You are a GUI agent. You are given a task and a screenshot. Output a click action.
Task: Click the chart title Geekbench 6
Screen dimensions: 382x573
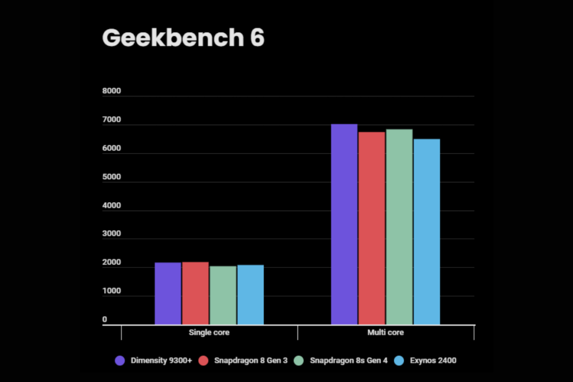183,37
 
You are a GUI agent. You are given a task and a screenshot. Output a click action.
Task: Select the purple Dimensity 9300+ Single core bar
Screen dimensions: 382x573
168,293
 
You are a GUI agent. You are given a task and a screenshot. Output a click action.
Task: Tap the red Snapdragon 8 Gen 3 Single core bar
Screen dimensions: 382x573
195,293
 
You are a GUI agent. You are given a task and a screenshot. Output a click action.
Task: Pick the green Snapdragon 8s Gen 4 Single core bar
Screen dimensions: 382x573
223,295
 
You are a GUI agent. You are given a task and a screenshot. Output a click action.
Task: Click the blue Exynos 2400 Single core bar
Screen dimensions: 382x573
250,294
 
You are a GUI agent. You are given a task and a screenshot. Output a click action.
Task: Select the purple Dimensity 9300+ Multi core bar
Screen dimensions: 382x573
344,224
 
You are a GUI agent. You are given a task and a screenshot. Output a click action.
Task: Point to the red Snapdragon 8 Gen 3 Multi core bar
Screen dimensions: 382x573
372,228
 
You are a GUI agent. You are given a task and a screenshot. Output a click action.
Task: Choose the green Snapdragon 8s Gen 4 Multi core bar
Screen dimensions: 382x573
399,227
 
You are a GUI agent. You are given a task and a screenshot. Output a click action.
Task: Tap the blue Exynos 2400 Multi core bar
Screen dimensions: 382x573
426,232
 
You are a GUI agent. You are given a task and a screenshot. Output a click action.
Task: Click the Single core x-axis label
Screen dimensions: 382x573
209,333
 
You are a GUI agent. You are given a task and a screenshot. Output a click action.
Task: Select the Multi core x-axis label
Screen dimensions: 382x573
386,333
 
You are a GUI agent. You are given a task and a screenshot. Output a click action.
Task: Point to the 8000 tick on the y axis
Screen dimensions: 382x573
112,91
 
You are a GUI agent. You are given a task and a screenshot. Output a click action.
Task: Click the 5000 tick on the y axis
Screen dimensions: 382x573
112,177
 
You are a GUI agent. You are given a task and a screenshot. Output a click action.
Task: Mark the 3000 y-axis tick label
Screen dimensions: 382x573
112,234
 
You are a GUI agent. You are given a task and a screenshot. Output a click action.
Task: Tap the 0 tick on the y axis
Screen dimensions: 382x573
105,319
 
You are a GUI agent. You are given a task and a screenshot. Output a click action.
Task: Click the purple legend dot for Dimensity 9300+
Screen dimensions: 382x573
119,361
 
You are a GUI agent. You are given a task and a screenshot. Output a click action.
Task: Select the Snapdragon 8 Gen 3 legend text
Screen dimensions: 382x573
251,361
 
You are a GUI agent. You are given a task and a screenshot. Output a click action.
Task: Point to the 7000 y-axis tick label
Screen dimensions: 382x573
112,120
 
